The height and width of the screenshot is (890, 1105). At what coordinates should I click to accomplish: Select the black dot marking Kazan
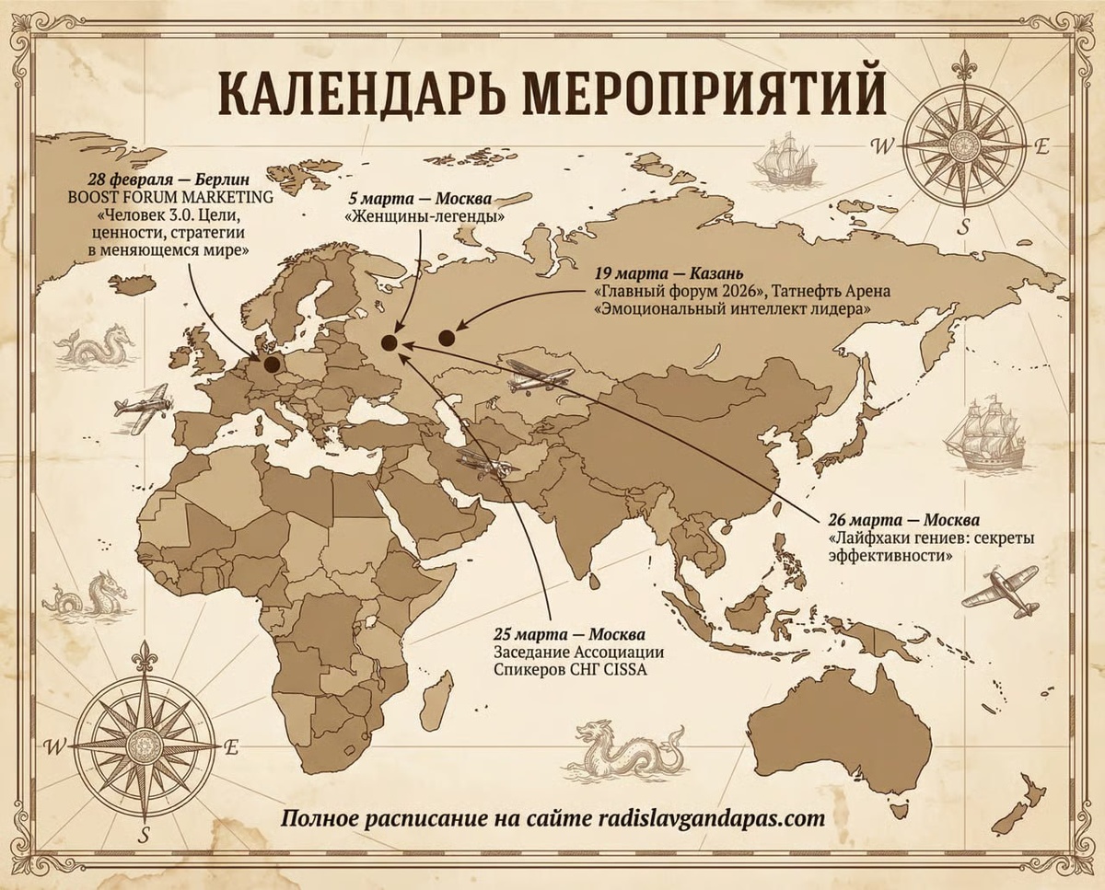(x=448, y=338)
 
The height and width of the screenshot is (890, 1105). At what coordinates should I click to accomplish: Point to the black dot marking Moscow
(x=390, y=342)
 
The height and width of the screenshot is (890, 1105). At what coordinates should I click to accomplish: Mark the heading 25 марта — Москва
(x=568, y=635)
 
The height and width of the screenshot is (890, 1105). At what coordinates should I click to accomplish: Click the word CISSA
(x=625, y=670)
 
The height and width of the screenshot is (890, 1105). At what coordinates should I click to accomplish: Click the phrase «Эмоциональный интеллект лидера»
(x=733, y=310)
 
